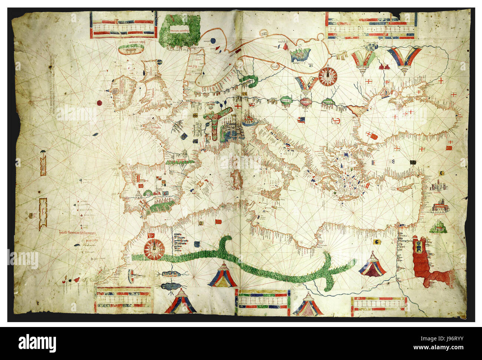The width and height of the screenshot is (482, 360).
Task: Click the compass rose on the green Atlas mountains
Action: [x=155, y=249]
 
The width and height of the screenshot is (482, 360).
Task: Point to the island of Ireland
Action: [x=119, y=93]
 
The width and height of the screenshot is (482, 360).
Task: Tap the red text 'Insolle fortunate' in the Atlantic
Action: [x=78, y=233]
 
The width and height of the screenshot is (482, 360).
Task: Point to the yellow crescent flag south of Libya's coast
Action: [x=377, y=242]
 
